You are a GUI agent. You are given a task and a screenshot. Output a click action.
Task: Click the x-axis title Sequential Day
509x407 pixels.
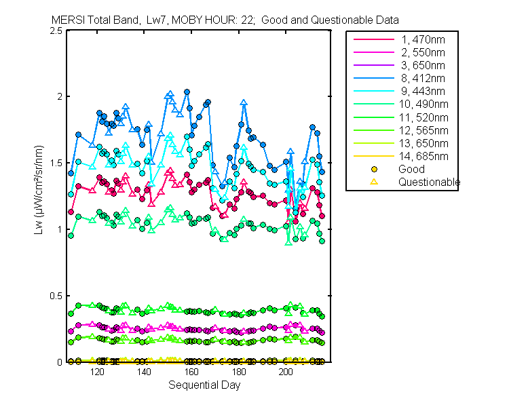(204, 385)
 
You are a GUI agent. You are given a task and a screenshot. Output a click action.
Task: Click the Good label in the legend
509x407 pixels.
(411, 169)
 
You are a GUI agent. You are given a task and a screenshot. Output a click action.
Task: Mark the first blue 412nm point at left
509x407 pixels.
(71, 173)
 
